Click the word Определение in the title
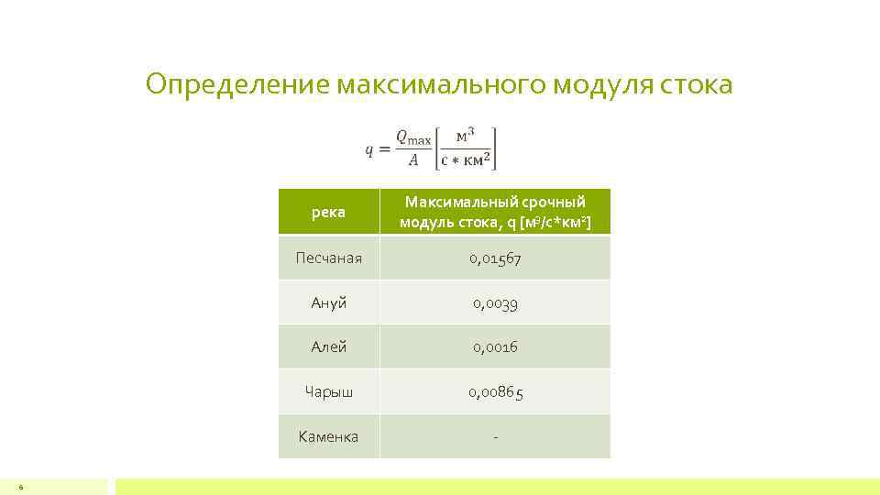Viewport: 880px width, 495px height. pyautogui.click(x=237, y=85)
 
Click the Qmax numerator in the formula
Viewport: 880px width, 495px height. pyautogui.click(x=412, y=137)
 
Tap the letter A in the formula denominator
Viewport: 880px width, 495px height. pyautogui.click(x=412, y=159)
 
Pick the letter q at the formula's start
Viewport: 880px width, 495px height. pyautogui.click(x=369, y=149)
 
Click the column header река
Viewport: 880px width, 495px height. pyautogui.click(x=328, y=213)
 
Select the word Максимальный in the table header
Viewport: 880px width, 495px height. pyautogui.click(x=452, y=202)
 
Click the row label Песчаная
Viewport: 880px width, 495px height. pyautogui.click(x=328, y=258)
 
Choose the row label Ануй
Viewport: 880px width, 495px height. pyautogui.click(x=328, y=302)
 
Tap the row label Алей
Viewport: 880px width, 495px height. pyautogui.click(x=328, y=347)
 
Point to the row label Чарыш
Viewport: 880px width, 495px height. pyautogui.click(x=328, y=392)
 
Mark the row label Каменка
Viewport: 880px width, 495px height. pyautogui.click(x=328, y=436)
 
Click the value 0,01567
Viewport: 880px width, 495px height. pyautogui.click(x=495, y=258)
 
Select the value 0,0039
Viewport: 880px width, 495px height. pyautogui.click(x=495, y=302)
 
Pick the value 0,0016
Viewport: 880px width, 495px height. pyautogui.click(x=495, y=347)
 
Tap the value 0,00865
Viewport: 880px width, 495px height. pyautogui.click(x=495, y=392)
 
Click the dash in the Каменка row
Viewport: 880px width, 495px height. pyautogui.click(x=495, y=437)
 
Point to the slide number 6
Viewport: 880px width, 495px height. pyautogui.click(x=20, y=487)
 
